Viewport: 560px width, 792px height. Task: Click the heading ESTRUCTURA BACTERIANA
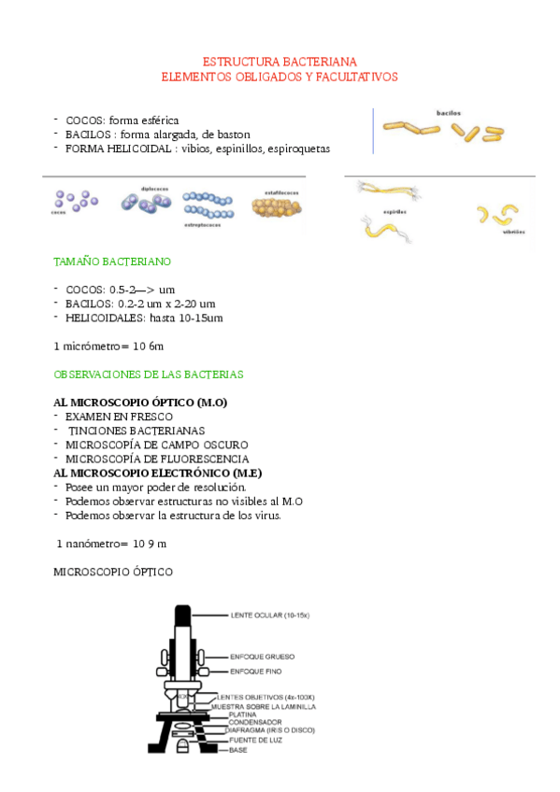click(280, 62)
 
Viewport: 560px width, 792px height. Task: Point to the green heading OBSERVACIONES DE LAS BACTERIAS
click(149, 375)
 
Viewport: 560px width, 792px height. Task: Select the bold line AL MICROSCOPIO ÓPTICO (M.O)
click(141, 403)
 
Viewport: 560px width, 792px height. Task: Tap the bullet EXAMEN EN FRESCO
click(112, 417)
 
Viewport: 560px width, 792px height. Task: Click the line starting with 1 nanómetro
click(111, 543)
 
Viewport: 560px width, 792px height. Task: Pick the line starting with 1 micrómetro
click(109, 346)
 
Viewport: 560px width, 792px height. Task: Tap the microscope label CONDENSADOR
click(255, 723)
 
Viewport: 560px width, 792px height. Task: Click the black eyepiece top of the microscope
click(182, 616)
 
